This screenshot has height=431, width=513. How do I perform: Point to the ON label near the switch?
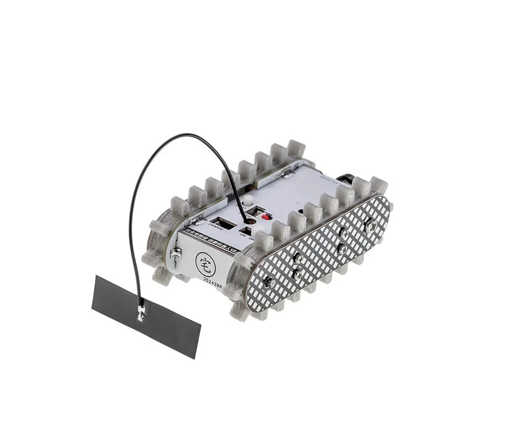(x=242, y=235)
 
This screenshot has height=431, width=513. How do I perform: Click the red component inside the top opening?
(x=266, y=217)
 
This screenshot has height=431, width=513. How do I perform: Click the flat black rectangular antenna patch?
(x=146, y=316)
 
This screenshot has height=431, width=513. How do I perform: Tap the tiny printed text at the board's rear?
(x=327, y=179)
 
